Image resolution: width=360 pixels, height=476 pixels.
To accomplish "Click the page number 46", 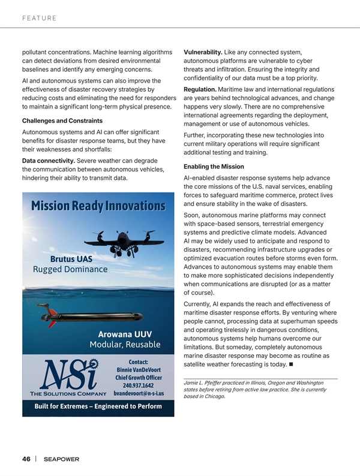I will [x=26, y=459].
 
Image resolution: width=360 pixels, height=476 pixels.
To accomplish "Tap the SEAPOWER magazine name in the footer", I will [x=62, y=460].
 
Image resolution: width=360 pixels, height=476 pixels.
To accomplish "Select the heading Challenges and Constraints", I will [x=61, y=120].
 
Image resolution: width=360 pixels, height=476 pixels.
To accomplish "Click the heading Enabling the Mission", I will [x=214, y=166].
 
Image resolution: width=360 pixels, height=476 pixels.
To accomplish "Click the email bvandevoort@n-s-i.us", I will [x=139, y=394].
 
